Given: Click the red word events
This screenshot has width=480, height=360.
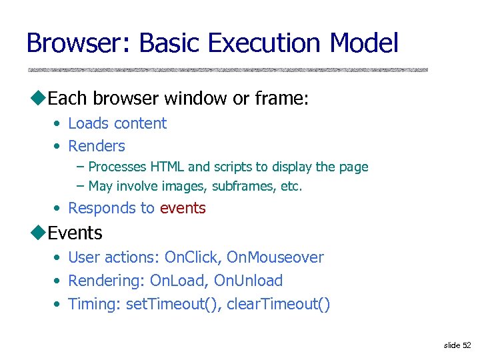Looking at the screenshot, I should coord(183,208).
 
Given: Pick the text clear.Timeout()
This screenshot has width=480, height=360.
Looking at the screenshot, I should coord(278,304).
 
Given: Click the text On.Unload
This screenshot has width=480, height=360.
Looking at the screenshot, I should coord(248,281).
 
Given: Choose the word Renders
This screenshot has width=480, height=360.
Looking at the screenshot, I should coord(97,146).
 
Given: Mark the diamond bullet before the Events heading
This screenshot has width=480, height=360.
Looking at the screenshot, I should coord(39,233).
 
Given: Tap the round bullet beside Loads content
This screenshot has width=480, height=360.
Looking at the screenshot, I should coord(59,124).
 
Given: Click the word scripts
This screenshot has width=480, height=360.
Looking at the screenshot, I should coord(231,167).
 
